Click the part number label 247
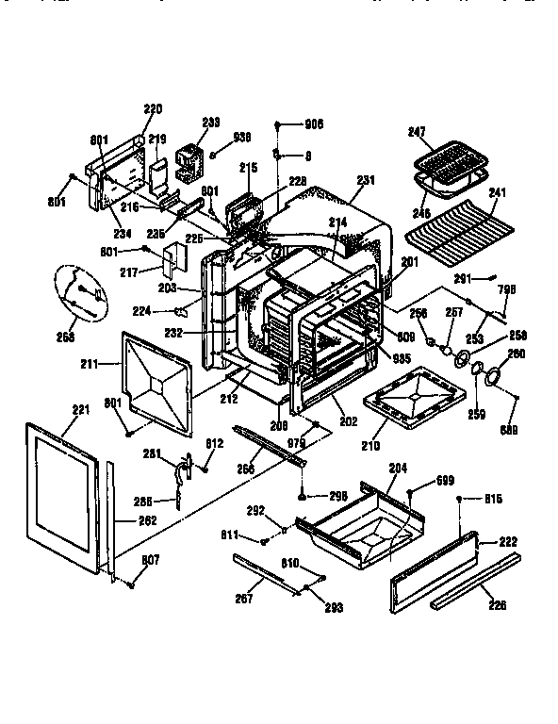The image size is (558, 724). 417,134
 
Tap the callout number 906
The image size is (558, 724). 314,123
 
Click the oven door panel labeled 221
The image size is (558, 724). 61,500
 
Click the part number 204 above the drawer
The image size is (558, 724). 397,467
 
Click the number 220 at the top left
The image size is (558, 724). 153,108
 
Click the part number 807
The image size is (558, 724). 149,560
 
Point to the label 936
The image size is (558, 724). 243,136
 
